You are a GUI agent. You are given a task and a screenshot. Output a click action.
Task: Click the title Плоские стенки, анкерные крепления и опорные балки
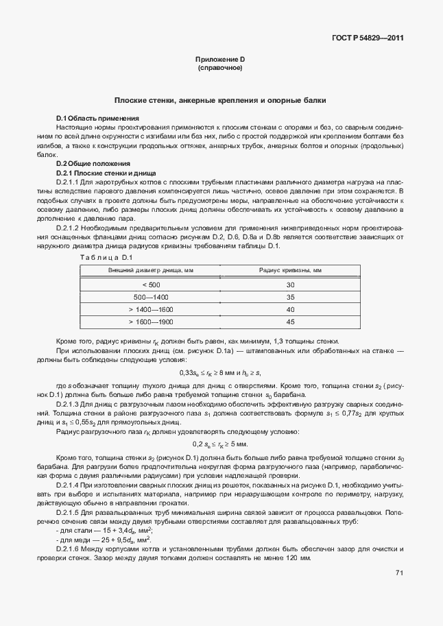tap(220, 100)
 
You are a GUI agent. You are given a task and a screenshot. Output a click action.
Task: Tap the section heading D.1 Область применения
tap(97, 119)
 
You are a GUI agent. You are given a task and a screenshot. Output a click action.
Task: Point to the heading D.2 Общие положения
tap(93, 164)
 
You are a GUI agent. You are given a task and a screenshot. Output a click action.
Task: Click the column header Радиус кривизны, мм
tap(290, 271)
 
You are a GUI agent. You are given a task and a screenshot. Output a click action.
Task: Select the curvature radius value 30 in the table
tap(290, 285)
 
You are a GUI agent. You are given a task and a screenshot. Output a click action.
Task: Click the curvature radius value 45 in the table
tap(290, 322)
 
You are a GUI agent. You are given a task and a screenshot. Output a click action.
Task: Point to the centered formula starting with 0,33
tap(220, 372)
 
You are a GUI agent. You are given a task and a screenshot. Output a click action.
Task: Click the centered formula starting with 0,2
tap(220, 445)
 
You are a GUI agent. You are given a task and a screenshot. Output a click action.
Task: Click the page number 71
tap(399, 592)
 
